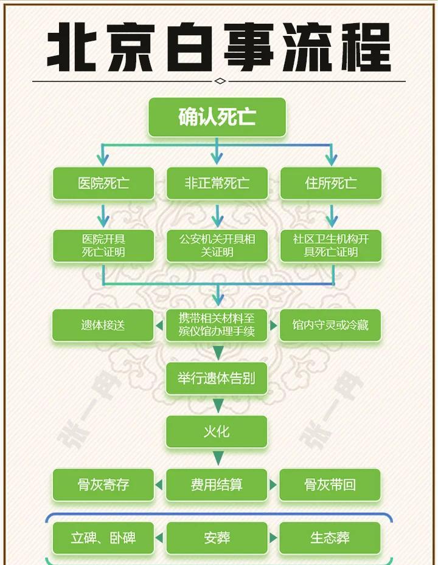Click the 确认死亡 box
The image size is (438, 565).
[217, 117]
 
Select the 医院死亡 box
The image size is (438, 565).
[103, 183]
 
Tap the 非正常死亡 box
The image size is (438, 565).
[217, 183]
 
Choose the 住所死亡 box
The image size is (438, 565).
[331, 183]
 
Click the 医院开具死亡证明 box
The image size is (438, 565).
[103, 245]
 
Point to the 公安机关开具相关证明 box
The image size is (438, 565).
[217, 245]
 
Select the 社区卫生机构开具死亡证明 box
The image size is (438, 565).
[331, 245]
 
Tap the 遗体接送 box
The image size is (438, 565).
[103, 325]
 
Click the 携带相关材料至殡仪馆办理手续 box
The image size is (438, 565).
[217, 325]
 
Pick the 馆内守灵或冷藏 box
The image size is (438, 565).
[331, 325]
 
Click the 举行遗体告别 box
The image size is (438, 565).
[217, 378]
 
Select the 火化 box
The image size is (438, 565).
[217, 431]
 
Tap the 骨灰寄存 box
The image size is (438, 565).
[103, 485]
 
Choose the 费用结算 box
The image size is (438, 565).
[217, 485]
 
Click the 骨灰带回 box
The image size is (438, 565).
[331, 485]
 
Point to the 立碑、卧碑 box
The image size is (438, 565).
[103, 538]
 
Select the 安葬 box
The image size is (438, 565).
[217, 538]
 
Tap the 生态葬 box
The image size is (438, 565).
[331, 538]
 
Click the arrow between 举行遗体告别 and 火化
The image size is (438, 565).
[217, 405]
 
